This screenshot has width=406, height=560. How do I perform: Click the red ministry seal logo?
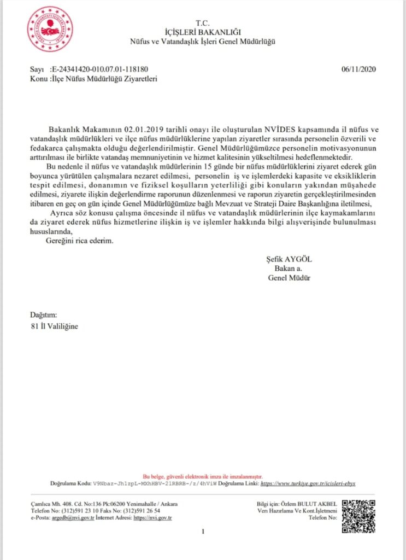coord(50,29)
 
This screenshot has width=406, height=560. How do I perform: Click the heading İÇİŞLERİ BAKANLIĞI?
coord(202,33)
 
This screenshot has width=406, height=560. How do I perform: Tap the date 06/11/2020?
coord(359,69)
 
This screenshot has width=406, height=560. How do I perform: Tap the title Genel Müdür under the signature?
coord(289,277)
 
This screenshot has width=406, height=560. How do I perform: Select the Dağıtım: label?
coord(43,316)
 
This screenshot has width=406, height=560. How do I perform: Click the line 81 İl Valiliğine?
coord(55,326)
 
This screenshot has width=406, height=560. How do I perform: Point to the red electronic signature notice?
coord(203,476)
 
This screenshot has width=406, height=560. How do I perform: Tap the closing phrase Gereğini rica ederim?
coord(80,242)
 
